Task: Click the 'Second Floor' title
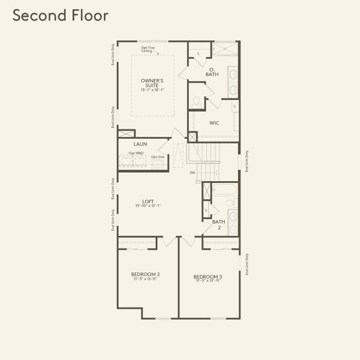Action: pyautogui.click(x=61, y=16)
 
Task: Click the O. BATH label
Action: pyautogui.click(x=212, y=73)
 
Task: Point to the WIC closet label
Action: pyautogui.click(x=214, y=123)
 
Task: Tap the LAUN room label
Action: pyautogui.click(x=140, y=144)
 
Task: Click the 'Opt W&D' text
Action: pyautogui.click(x=136, y=154)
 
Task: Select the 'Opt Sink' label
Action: pyautogui.click(x=158, y=157)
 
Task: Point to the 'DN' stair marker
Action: pyautogui.click(x=192, y=173)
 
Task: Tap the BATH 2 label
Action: pyautogui.click(x=218, y=224)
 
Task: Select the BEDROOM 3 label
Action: pyautogui.click(x=208, y=277)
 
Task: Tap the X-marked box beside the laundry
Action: pyautogui.click(x=126, y=133)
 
